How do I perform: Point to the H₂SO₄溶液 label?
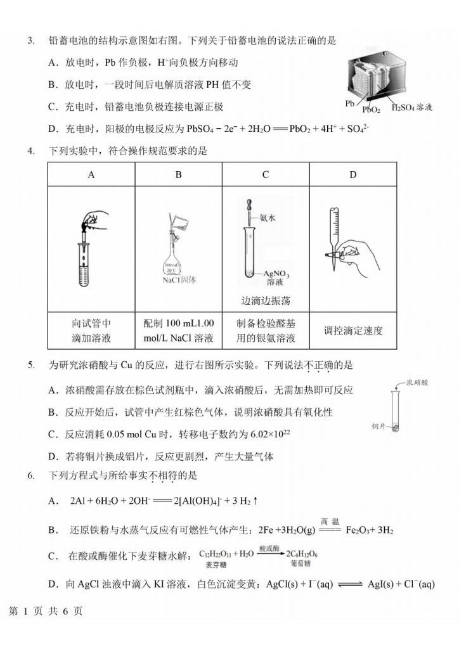tap(411, 108)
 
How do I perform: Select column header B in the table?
tap(178, 174)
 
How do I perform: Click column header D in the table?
tap(353, 174)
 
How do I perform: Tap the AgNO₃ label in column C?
tap(280, 272)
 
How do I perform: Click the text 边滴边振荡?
tap(266, 300)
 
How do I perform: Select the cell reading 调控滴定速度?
tap(353, 330)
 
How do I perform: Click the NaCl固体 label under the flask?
tap(178, 279)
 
